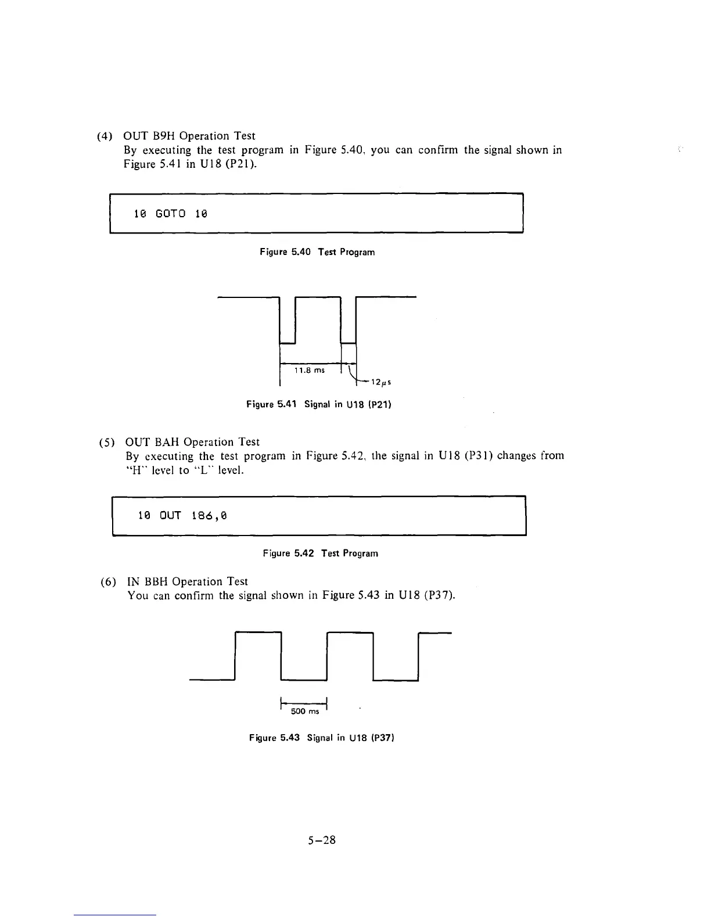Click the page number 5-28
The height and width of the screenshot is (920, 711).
click(322, 840)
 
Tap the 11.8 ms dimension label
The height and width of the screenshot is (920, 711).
click(310, 371)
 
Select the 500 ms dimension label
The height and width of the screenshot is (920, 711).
click(304, 711)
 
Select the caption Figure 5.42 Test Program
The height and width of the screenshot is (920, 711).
click(320, 554)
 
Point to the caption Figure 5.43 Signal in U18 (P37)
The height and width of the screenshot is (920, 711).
click(322, 738)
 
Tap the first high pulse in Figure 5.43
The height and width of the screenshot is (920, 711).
click(258, 632)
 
